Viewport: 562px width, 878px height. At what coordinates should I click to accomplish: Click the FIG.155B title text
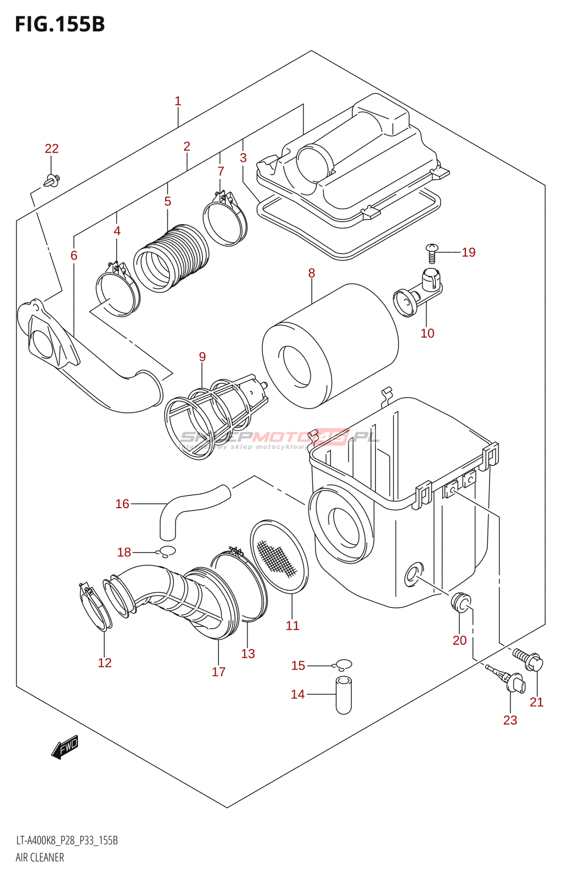[59, 25]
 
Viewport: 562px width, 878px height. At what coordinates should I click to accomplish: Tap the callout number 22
[52, 148]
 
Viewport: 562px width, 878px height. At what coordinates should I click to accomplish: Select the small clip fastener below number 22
[52, 179]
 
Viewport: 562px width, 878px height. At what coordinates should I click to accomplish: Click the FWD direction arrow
[65, 747]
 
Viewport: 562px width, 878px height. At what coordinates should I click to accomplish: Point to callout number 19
[468, 252]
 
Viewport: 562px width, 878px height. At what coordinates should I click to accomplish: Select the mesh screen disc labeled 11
[279, 555]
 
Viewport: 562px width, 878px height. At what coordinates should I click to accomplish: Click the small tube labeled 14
[344, 695]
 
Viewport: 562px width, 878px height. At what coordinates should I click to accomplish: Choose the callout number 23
[510, 720]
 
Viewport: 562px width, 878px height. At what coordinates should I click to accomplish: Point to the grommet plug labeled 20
[460, 602]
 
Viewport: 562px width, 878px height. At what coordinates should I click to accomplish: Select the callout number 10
[427, 333]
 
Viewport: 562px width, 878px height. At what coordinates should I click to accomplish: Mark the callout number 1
[178, 101]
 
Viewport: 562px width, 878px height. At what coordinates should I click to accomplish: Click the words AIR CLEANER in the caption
[40, 857]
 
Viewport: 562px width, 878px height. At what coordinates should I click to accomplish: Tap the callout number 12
[105, 663]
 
